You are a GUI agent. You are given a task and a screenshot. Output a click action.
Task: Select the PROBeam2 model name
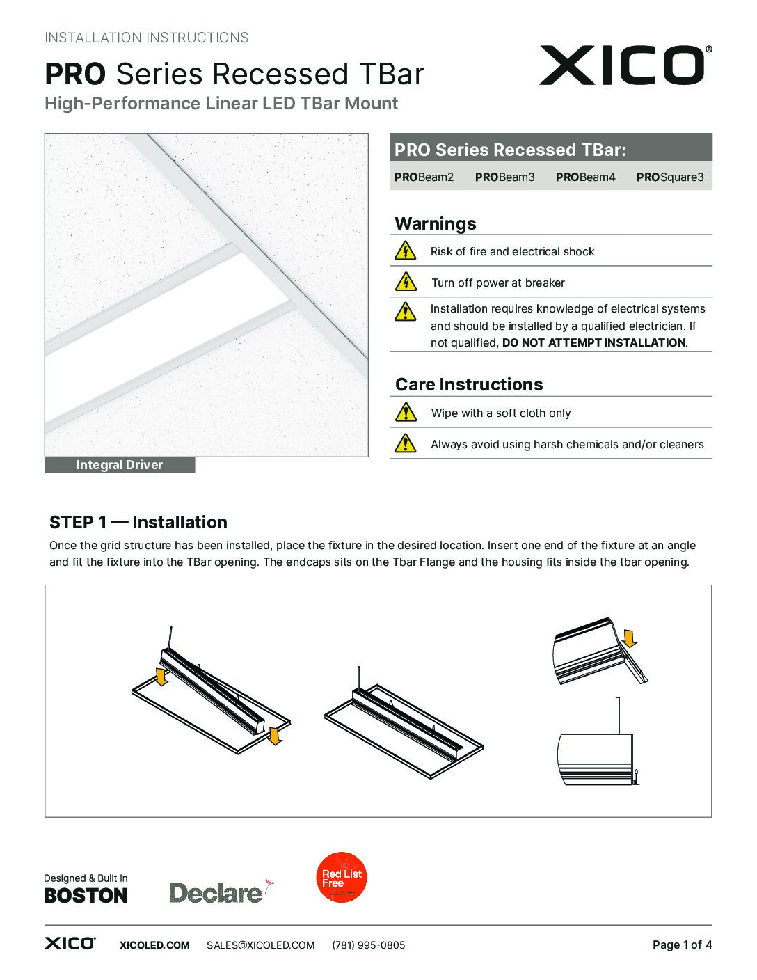click(424, 177)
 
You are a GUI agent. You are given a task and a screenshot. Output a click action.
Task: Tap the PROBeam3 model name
click(504, 177)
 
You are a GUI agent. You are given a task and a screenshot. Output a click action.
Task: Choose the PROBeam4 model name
click(585, 177)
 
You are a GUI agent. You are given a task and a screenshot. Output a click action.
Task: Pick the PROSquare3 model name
click(669, 177)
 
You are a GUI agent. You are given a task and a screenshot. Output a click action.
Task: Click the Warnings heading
click(436, 223)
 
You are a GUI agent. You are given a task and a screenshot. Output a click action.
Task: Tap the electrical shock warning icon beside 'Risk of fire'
click(405, 251)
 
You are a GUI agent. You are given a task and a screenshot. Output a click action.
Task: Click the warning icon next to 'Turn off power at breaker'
click(405, 282)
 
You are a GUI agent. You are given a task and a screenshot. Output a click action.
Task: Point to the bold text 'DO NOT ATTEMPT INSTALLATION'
click(593, 342)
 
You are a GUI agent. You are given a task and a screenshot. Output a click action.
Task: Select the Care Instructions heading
click(469, 384)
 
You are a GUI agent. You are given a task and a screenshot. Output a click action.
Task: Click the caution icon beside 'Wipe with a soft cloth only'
click(405, 413)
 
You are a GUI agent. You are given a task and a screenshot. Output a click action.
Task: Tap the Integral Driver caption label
click(120, 465)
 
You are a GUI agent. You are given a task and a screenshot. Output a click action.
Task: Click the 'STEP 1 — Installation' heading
click(138, 522)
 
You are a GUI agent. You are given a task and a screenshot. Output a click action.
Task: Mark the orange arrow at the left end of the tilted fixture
click(162, 676)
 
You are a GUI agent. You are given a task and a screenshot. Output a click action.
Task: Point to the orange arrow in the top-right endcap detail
click(630, 638)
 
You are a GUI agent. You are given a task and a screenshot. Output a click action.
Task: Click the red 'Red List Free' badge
click(342, 877)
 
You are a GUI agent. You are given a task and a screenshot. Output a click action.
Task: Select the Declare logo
click(217, 892)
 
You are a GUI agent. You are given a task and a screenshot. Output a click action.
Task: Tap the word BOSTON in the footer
click(86, 896)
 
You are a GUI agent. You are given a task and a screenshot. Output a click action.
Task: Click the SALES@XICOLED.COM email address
click(260, 945)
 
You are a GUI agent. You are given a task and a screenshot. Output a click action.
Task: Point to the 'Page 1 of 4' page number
click(682, 945)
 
